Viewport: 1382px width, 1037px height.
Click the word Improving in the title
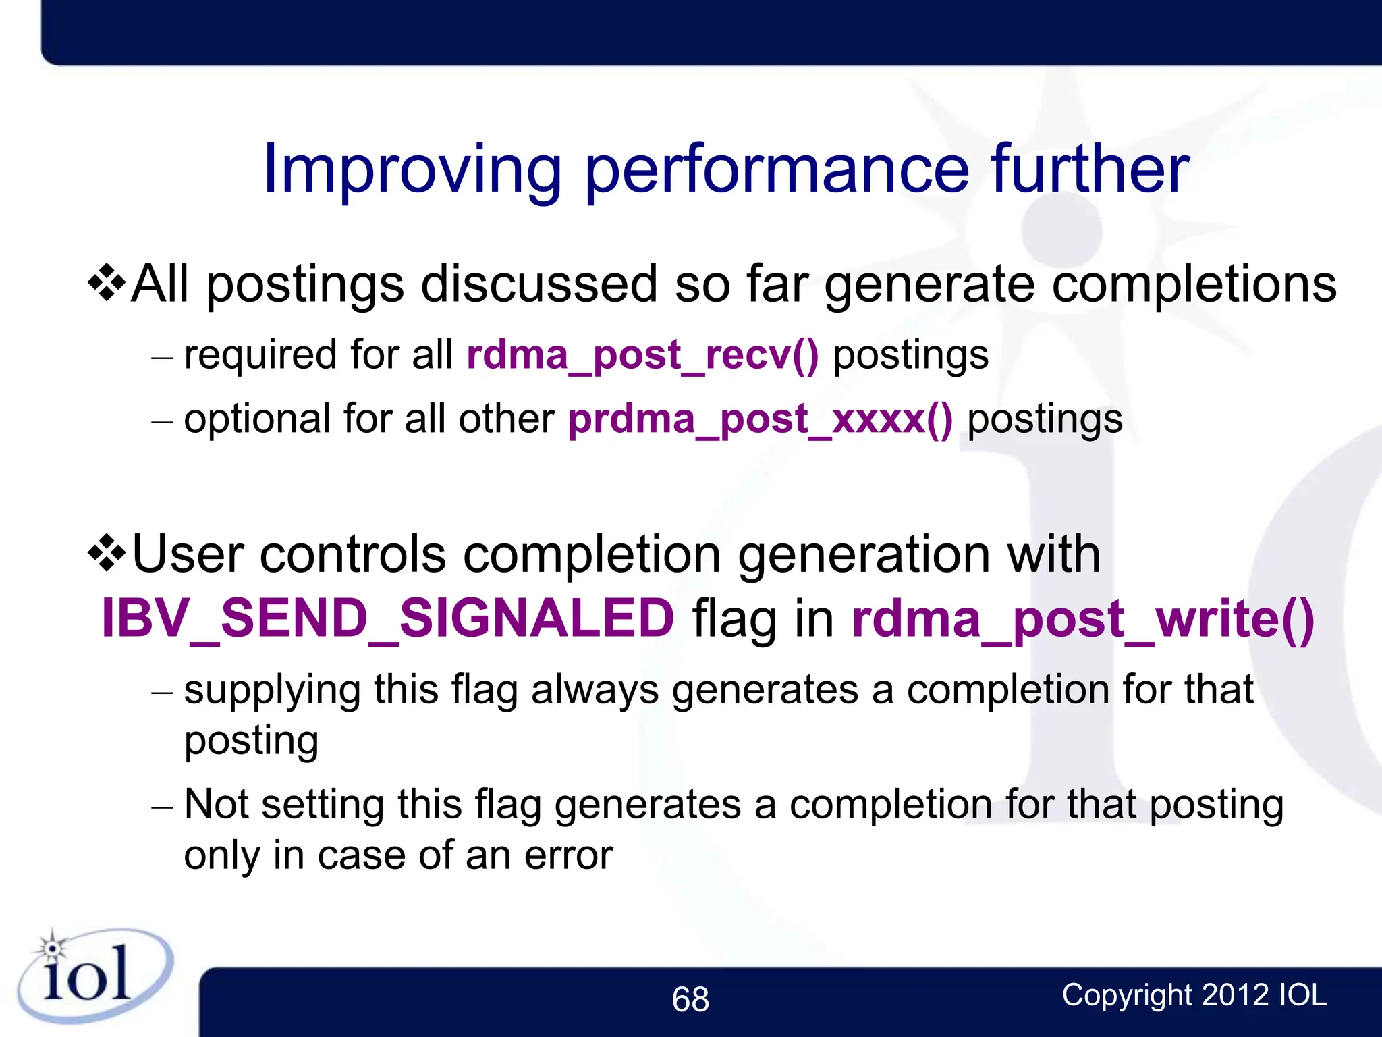tap(412, 170)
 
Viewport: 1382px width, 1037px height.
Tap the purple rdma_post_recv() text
tap(642, 355)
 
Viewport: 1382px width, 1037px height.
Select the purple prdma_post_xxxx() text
tap(761, 419)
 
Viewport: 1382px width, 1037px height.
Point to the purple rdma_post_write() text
tap(1082, 619)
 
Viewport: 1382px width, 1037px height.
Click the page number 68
tap(690, 999)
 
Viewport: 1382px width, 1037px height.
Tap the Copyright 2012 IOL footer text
tap(1194, 995)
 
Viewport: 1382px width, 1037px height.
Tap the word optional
tap(257, 420)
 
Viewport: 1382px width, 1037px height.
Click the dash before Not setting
tap(163, 807)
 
